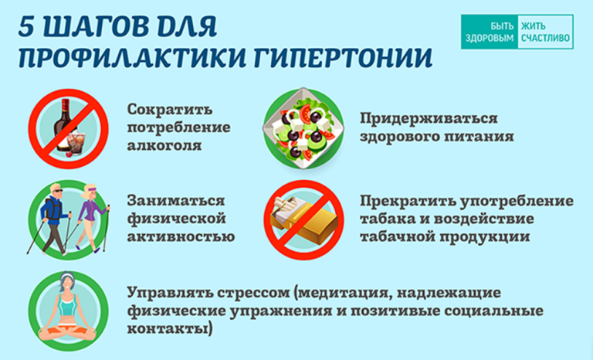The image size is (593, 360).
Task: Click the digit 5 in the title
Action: point(28,27)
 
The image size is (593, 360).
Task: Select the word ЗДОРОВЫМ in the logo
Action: point(490,38)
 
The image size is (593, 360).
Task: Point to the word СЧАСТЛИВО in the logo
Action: point(545,38)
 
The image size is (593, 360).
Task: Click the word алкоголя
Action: point(164,146)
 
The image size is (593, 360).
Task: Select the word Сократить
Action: point(170,110)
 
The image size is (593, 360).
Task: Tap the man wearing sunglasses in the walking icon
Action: point(53,219)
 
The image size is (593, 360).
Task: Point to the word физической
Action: point(177,219)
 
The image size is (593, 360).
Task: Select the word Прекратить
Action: point(408,201)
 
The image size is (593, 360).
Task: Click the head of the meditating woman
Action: point(66,283)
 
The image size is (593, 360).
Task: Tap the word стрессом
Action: point(253,294)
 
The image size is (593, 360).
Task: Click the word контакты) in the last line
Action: point(169,328)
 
